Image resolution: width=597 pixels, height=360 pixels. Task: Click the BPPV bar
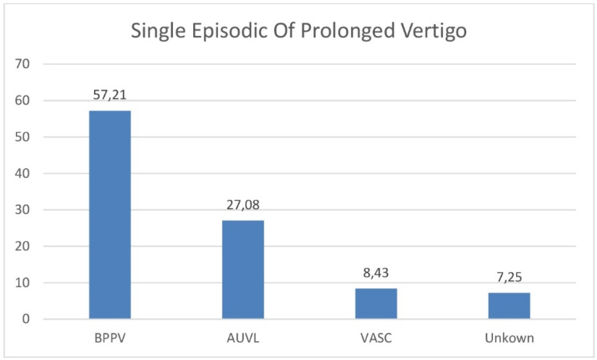(110, 215)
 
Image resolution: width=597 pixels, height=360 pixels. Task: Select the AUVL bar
(243, 269)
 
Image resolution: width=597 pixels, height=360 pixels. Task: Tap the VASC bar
(376, 303)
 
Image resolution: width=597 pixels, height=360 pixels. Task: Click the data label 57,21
(110, 95)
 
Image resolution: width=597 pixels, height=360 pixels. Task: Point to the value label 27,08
(243, 205)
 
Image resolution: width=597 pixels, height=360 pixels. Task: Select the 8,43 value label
(376, 273)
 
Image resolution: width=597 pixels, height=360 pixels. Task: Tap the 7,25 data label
(509, 277)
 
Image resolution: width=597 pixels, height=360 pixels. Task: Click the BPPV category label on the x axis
(110, 338)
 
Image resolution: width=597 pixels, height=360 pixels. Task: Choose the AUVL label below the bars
(243, 338)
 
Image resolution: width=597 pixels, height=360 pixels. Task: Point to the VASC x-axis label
(376, 338)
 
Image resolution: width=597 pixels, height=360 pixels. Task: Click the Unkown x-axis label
(509, 338)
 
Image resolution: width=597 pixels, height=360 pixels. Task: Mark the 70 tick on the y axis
(22, 64)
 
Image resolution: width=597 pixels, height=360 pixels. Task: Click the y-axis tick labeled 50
(22, 137)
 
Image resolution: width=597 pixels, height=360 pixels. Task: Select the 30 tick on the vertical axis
(22, 210)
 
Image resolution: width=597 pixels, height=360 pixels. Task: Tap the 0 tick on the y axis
(26, 319)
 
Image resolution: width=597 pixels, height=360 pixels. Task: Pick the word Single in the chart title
(158, 31)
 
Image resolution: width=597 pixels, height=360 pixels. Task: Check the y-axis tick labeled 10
(22, 283)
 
